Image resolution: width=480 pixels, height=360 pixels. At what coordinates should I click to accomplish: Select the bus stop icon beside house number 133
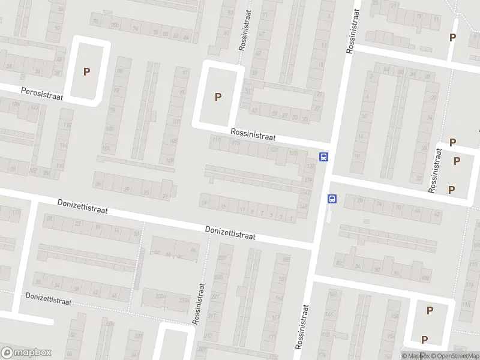click(324, 157)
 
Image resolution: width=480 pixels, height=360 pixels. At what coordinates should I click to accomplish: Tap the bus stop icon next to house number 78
click(332, 199)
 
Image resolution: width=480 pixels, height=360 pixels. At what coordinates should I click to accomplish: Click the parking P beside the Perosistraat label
click(86, 71)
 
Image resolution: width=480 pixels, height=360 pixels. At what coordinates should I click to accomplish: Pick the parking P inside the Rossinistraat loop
click(218, 97)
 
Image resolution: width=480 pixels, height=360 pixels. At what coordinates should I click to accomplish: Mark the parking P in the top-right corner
click(452, 37)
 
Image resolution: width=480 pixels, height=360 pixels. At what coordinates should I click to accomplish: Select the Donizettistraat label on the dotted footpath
click(48, 299)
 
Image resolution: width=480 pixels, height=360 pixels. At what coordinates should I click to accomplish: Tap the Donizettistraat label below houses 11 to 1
click(230, 233)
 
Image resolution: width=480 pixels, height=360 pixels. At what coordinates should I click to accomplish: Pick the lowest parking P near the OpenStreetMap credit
click(424, 340)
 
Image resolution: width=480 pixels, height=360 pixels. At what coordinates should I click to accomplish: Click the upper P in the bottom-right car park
click(430, 310)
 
